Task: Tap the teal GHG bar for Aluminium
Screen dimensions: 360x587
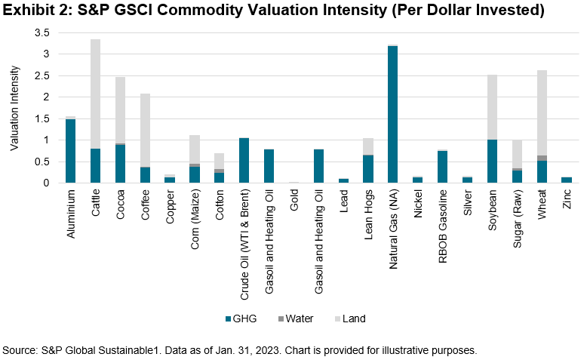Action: (x=70, y=151)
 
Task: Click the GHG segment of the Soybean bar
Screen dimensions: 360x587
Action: (x=491, y=161)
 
